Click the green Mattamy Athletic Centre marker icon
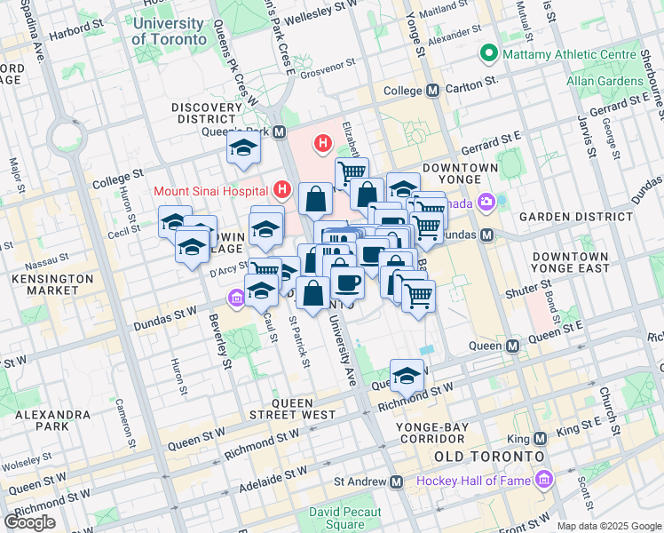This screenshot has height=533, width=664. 487,55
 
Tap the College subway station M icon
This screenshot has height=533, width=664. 433,91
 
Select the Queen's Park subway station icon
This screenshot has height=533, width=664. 280,132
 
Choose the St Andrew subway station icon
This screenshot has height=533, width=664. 396,481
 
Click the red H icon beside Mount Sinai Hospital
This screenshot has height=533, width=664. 282,189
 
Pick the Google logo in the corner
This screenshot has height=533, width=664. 29,522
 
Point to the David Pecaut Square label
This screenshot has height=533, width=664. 345,518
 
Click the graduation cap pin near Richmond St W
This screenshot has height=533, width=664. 407,375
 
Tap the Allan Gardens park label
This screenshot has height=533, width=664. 605,81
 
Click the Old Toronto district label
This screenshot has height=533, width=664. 487,456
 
